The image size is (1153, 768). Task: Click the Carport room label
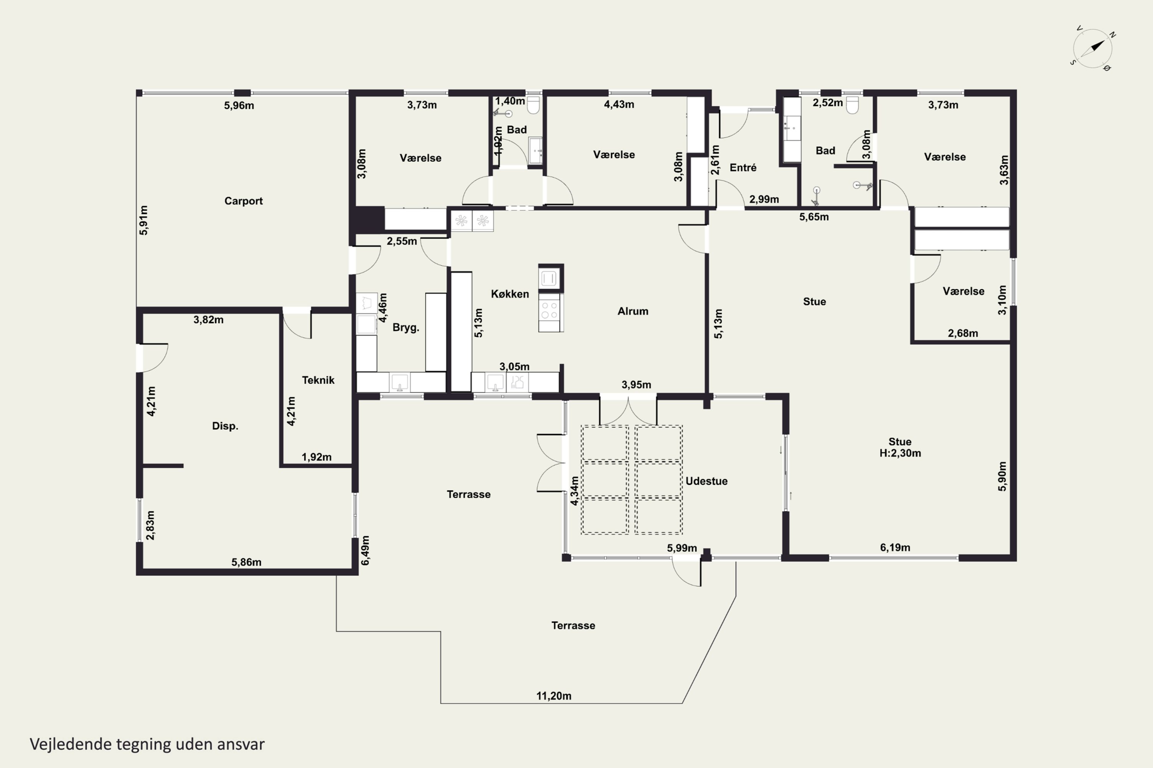tap(243, 201)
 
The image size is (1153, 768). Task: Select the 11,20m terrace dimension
tap(553, 696)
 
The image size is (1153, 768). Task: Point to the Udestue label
tap(706, 481)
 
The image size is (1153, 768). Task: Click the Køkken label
tap(510, 294)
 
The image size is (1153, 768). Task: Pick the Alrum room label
tap(633, 311)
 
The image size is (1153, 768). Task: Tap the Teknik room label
tap(318, 380)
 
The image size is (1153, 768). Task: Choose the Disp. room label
tap(225, 426)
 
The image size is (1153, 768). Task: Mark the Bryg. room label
tap(406, 328)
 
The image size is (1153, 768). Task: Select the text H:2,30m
tap(900, 453)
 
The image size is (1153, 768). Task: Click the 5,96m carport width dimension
tap(239, 105)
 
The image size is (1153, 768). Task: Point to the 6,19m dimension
tap(895, 548)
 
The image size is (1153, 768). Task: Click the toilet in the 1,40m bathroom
tap(533, 104)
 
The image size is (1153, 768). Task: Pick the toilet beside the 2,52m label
tap(852, 104)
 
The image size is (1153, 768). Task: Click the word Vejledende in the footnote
tap(71, 744)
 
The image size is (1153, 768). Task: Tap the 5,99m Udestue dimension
tap(682, 548)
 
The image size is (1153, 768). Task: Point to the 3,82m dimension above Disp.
tap(208, 320)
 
